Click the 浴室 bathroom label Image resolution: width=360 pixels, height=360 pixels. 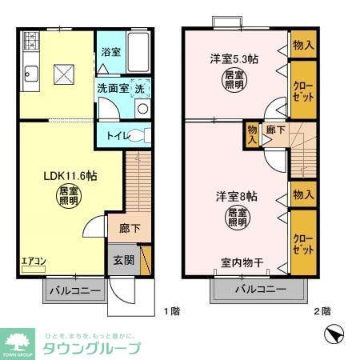110,52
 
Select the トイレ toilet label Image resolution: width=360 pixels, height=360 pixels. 111,135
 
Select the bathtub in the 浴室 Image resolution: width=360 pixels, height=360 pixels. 139,52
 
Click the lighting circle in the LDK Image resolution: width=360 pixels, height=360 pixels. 68,197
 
